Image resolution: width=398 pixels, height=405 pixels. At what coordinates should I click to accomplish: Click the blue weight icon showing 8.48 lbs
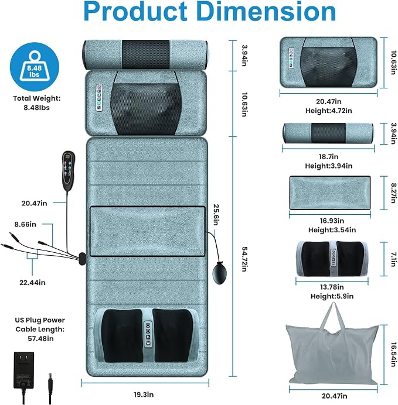pyautogui.click(x=35, y=67)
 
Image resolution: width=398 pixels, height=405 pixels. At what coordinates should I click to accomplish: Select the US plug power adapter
pyautogui.click(x=24, y=370)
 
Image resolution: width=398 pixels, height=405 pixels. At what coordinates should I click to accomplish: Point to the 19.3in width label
pyautogui.click(x=144, y=394)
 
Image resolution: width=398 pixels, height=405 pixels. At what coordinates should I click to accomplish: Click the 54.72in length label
pyautogui.click(x=244, y=259)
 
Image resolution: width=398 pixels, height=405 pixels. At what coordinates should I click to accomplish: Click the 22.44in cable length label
pyautogui.click(x=32, y=283)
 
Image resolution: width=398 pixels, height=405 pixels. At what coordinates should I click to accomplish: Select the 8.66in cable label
pyautogui.click(x=25, y=224)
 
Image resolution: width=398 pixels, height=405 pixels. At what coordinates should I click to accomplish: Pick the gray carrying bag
pyautogui.click(x=332, y=347)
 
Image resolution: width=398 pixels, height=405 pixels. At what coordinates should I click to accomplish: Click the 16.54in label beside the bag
pyautogui.click(x=393, y=355)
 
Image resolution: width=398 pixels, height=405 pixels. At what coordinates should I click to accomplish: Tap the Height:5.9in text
pyautogui.click(x=332, y=296)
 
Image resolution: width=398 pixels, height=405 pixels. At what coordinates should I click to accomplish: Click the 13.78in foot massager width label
pyautogui.click(x=332, y=287)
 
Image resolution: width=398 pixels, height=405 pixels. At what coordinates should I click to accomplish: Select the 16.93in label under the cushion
pyautogui.click(x=332, y=221)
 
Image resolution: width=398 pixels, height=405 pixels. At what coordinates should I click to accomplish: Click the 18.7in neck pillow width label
pyautogui.click(x=328, y=156)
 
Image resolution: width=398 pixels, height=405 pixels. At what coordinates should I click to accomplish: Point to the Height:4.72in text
pyautogui.click(x=329, y=111)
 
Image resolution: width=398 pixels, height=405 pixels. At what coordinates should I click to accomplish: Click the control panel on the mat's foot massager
pyautogui.click(x=148, y=334)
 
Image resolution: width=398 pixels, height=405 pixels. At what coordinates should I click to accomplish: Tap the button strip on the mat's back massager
pyautogui.click(x=99, y=98)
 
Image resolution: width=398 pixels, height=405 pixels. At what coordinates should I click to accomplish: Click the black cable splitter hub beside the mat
pyautogui.click(x=82, y=259)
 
